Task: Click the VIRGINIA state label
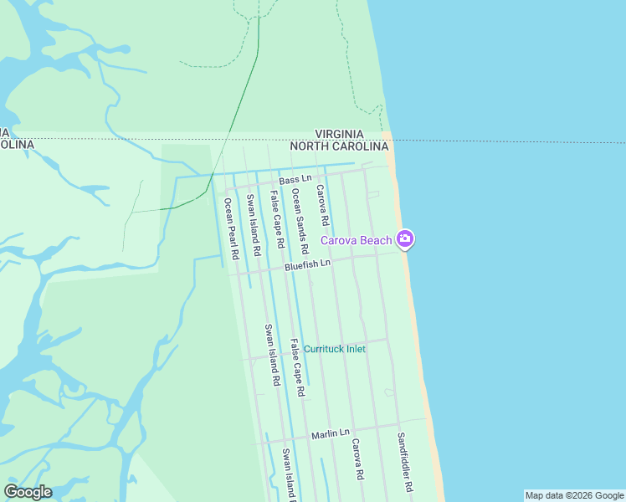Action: coord(339,134)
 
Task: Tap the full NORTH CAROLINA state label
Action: coord(339,146)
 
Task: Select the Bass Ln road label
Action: coord(295,180)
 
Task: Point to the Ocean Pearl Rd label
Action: coord(231,228)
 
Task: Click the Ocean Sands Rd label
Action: coord(300,216)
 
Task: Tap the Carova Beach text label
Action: coord(357,241)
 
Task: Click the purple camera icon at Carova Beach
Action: coord(405,240)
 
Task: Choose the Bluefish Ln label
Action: coord(308,264)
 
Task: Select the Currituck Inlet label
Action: coord(334,349)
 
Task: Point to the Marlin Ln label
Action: coord(330,433)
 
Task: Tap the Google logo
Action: coord(28,492)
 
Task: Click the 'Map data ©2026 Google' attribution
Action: coord(574,495)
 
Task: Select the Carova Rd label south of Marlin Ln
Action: coord(357,458)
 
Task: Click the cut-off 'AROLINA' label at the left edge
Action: coord(17,145)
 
